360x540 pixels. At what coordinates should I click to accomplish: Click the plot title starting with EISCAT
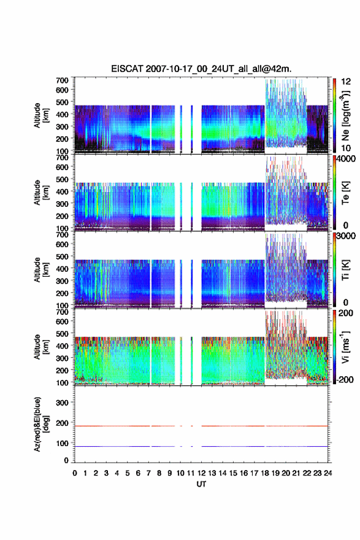pyautogui.click(x=201, y=69)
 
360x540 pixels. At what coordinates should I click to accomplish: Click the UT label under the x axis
pyautogui.click(x=201, y=484)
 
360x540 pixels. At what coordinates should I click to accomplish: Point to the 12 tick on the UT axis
pyautogui.click(x=201, y=473)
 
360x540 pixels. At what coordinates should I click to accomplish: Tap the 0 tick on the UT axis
pyautogui.click(x=75, y=473)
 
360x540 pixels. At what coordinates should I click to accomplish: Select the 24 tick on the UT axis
pyautogui.click(x=327, y=473)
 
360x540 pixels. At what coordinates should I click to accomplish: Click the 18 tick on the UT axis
pyautogui.click(x=265, y=473)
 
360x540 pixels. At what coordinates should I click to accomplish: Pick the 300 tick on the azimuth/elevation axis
pyautogui.click(x=62, y=403)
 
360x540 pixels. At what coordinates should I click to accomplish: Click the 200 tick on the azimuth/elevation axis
pyautogui.click(x=62, y=423)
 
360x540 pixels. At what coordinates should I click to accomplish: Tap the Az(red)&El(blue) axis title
pyautogui.click(x=41, y=424)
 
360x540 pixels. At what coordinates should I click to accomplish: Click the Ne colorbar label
pyautogui.click(x=345, y=116)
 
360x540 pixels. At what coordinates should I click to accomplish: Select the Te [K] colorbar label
pyautogui.click(x=345, y=193)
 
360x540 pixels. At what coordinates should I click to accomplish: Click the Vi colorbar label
pyautogui.click(x=345, y=347)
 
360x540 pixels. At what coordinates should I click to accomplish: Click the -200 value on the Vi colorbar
pyautogui.click(x=343, y=379)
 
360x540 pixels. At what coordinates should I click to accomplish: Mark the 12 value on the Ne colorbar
pyautogui.click(x=346, y=82)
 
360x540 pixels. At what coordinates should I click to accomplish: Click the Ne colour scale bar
pyautogui.click(x=334, y=115)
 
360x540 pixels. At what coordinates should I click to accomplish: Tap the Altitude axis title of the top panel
pyautogui.click(x=41, y=115)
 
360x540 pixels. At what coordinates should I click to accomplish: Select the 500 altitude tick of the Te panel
pyautogui.click(x=62, y=179)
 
